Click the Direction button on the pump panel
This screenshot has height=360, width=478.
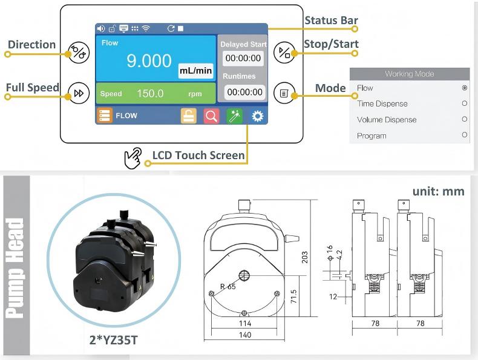coord(79,53)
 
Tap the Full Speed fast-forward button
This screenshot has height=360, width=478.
coord(79,93)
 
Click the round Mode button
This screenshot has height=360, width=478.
coord(284,93)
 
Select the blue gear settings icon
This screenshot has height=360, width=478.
coord(258,116)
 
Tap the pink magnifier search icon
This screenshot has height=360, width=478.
coord(211,116)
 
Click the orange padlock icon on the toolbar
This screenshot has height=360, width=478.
coord(189,116)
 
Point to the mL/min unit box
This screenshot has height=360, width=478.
coord(195,71)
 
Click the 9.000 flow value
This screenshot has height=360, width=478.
coord(148,61)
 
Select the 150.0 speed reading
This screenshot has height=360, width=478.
coord(150,94)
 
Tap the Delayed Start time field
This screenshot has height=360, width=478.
coord(243,59)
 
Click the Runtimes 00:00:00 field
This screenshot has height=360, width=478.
coord(244,93)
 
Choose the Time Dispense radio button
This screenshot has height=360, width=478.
coord(464,103)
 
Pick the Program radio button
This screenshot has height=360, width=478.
coord(464,135)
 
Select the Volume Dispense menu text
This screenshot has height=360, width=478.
coord(387,120)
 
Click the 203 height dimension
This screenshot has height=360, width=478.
coord(305,257)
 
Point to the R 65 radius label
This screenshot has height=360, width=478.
coord(228,287)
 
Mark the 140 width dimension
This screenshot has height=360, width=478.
coord(244,335)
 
